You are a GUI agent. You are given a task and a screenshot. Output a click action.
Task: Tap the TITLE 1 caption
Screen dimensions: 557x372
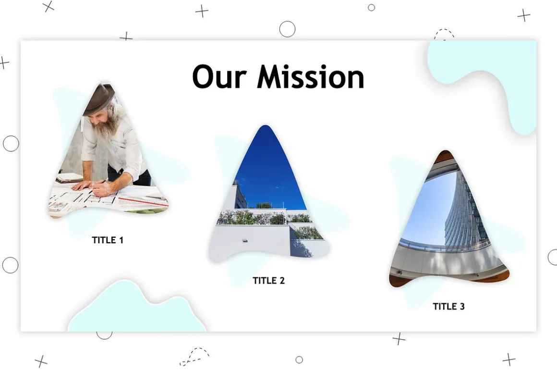coord(108,240)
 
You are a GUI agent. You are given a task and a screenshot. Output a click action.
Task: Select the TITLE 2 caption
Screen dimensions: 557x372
coord(268,281)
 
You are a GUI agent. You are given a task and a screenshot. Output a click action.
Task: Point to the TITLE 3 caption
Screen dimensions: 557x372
coord(448,306)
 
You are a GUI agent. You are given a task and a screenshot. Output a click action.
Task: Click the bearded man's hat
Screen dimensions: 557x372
coord(99,99)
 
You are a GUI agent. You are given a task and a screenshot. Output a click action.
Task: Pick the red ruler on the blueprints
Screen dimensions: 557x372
coord(144,202)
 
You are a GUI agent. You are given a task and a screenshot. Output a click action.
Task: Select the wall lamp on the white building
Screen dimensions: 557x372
coord(245,241)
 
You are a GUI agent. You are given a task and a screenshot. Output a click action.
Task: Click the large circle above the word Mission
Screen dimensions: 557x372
coord(287,29)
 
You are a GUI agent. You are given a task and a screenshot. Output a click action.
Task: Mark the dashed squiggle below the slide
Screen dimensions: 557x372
coord(194,356)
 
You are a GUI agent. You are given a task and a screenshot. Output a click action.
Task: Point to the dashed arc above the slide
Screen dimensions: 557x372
coord(444,33)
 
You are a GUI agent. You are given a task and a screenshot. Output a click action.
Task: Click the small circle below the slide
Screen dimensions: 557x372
coord(299,360)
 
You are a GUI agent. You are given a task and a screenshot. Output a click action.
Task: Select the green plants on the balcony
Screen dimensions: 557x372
coord(265,217)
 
